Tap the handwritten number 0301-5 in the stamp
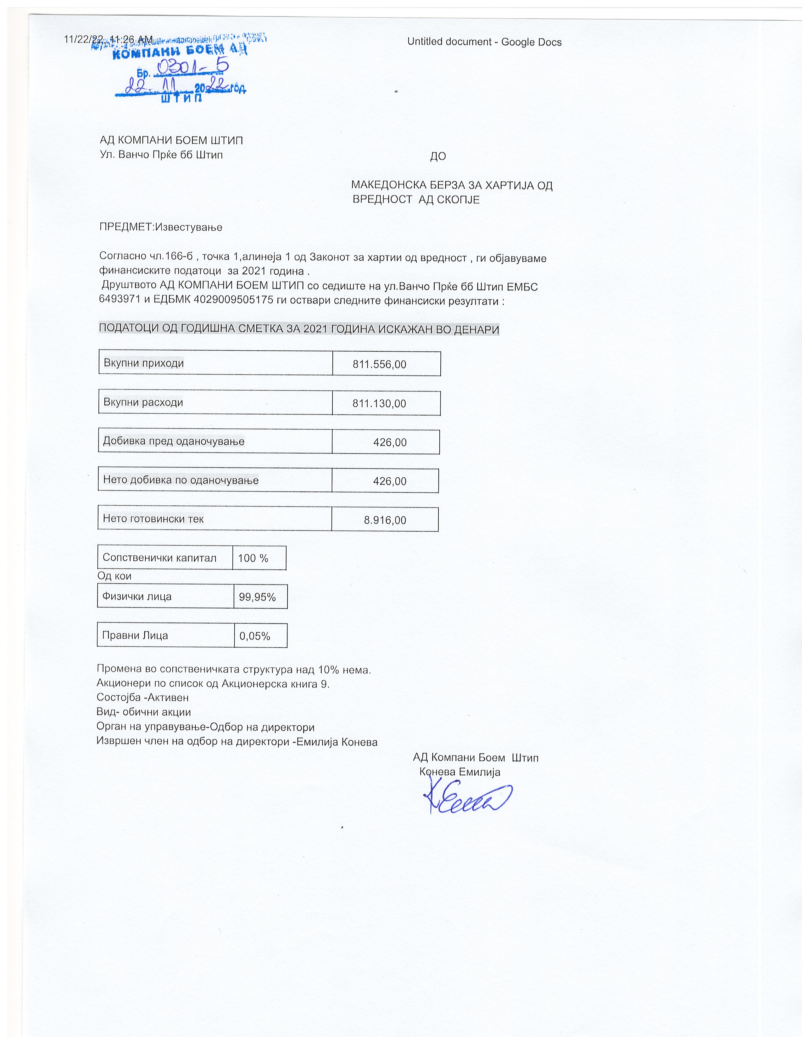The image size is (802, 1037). (x=192, y=68)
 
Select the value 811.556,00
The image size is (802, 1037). (x=379, y=364)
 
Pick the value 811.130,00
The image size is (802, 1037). (x=379, y=403)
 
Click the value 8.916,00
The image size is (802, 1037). (x=385, y=520)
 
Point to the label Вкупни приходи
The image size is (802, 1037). (x=143, y=363)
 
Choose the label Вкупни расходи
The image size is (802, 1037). (x=143, y=402)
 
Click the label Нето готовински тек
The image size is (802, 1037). (x=153, y=518)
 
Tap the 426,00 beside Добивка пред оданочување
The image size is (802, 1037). (x=390, y=442)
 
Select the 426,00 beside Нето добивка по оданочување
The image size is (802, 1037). (x=390, y=481)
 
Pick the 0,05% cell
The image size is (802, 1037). (x=255, y=636)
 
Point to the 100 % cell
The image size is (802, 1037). (x=253, y=558)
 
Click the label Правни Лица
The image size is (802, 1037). (x=135, y=635)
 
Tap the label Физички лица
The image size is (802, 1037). (x=137, y=596)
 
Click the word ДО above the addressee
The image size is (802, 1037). (x=437, y=156)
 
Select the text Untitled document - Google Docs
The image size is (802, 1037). (x=484, y=42)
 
